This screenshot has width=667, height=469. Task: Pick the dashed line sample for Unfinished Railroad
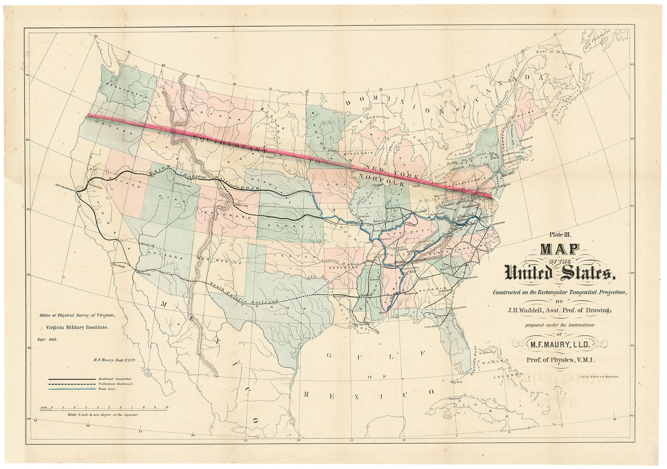(x=71, y=383)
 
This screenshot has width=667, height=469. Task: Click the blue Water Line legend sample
(x=71, y=389)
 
